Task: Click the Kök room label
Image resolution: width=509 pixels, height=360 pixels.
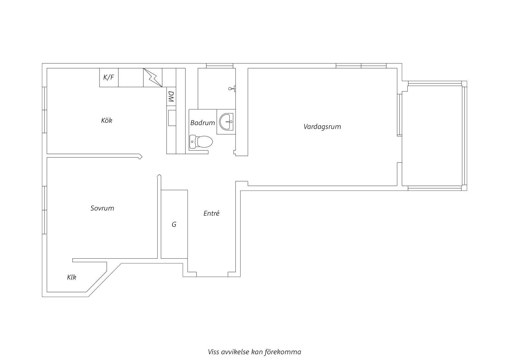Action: (x=107, y=120)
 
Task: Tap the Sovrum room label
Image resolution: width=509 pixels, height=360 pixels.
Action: (x=102, y=208)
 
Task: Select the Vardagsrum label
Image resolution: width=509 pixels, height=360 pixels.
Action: (x=322, y=127)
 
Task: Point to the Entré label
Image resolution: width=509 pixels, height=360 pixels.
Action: (x=211, y=213)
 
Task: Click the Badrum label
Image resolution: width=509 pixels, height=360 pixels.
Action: (x=203, y=123)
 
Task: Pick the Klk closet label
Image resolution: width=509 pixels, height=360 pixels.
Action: (x=72, y=277)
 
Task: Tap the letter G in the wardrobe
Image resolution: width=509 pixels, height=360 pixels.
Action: (x=174, y=224)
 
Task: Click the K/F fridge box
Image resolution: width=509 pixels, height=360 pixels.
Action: (x=109, y=77)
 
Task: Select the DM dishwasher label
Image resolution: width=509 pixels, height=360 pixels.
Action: (x=171, y=97)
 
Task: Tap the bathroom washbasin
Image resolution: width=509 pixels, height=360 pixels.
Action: (x=226, y=122)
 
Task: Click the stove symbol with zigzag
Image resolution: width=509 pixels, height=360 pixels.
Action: (x=153, y=77)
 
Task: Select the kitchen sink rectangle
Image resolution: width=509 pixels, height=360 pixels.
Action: (x=172, y=118)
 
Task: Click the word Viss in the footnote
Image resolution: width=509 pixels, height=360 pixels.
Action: (x=213, y=352)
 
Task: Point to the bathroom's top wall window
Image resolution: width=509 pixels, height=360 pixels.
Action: (x=220, y=66)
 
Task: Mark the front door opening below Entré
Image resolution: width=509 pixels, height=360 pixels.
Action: (x=212, y=274)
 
